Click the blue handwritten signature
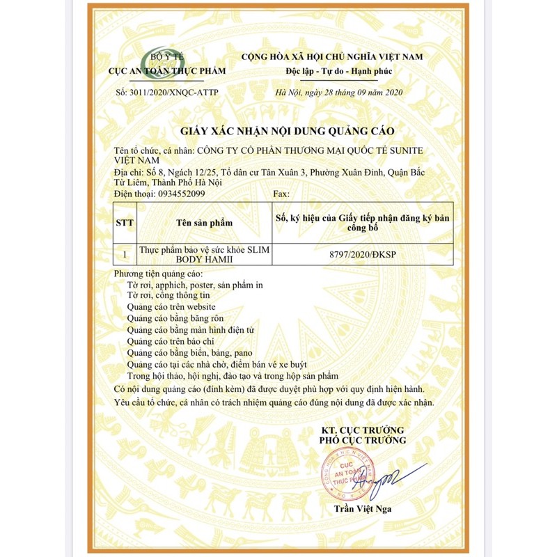390,478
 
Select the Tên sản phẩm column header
204,223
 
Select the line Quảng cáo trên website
172,306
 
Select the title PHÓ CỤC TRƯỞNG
362,441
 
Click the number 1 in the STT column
125,256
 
